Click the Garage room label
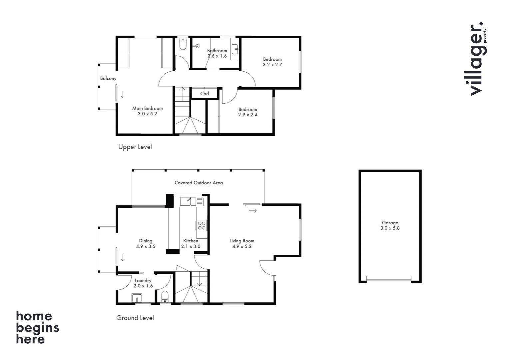[390, 223]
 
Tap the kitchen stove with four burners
[201, 225]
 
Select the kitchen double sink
[192, 202]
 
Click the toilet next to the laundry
[165, 296]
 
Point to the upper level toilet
[183, 44]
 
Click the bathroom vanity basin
[235, 49]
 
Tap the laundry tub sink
[137, 297]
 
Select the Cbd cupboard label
[205, 94]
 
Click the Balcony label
[108, 78]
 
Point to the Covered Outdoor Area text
[199, 183]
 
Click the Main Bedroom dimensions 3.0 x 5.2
[147, 114]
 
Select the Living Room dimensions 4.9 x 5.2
[242, 246]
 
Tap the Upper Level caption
[135, 147]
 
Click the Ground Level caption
[135, 318]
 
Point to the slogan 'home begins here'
[37, 327]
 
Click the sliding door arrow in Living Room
[253, 211]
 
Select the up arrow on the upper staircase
[182, 89]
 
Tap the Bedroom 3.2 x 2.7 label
[272, 62]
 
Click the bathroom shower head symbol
[198, 47]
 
